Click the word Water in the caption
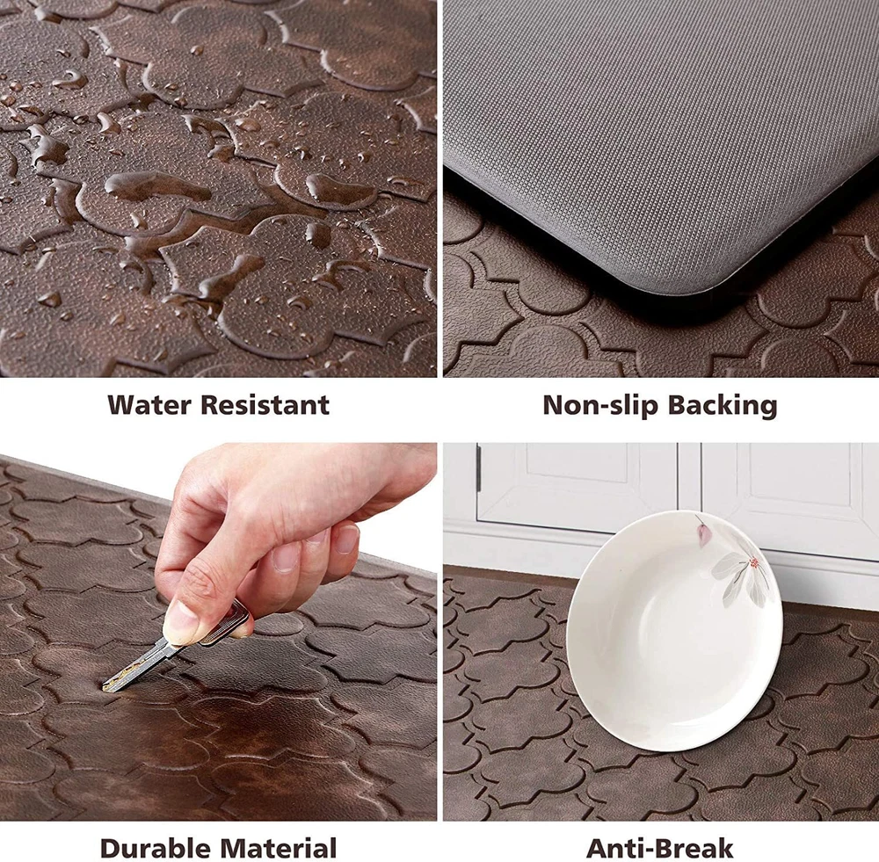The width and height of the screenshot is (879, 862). (149, 405)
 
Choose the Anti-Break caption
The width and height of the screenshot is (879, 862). (660, 847)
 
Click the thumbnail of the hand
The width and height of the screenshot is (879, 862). (179, 621)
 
